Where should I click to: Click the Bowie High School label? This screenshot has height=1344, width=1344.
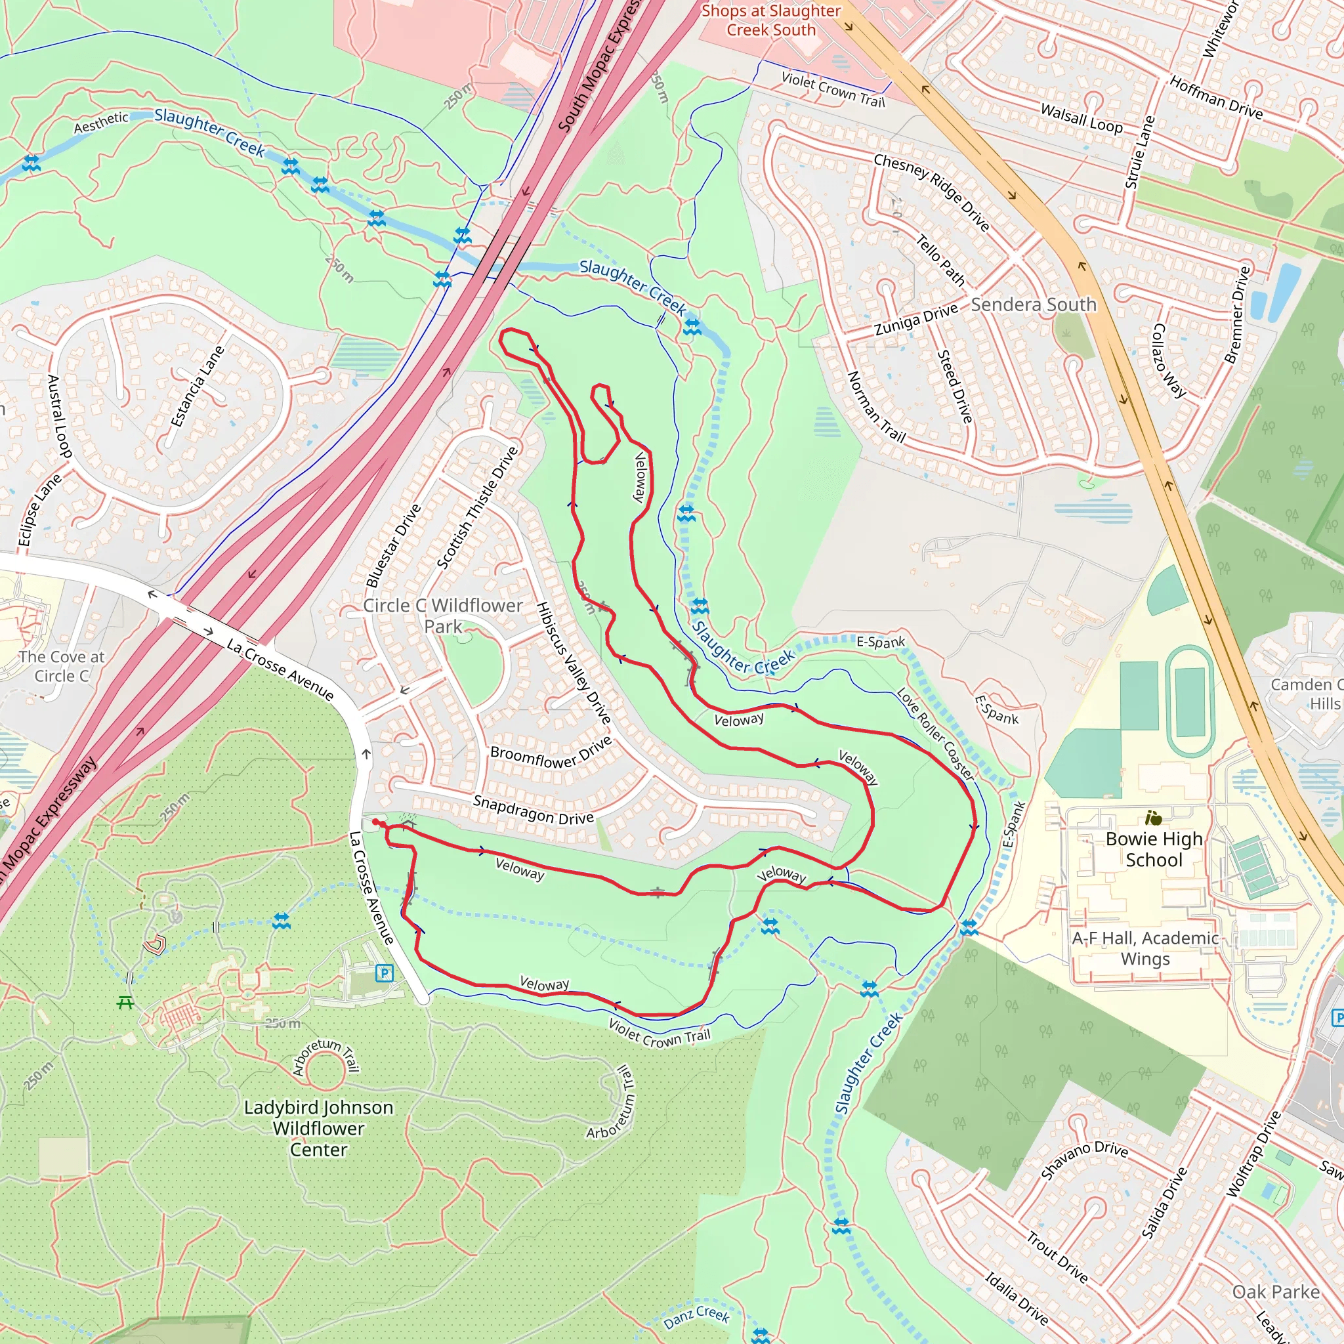1154,849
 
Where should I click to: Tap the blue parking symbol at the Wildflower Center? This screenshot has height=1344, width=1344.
384,973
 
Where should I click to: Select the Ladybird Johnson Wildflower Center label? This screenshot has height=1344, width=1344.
318,1128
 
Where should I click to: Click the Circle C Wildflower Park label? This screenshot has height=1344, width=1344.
442,616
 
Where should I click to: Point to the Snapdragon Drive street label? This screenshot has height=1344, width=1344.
534,810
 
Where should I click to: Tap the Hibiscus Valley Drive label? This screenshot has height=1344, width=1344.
574,662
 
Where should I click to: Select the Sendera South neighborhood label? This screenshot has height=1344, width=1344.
1033,304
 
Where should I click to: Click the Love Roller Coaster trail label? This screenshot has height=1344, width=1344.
936,734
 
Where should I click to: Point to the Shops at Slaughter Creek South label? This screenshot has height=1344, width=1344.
771,20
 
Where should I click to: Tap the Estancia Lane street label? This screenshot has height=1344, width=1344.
198,386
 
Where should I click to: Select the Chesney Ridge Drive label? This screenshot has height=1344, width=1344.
931,192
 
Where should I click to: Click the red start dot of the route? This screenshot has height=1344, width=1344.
375,822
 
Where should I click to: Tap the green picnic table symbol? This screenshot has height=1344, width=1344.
126,1003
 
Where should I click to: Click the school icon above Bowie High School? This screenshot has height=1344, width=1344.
1154,818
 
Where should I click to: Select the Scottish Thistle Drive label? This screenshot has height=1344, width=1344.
477,507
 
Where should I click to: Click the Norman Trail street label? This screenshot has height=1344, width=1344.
876,408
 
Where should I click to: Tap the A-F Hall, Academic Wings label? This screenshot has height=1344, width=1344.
1145,948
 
